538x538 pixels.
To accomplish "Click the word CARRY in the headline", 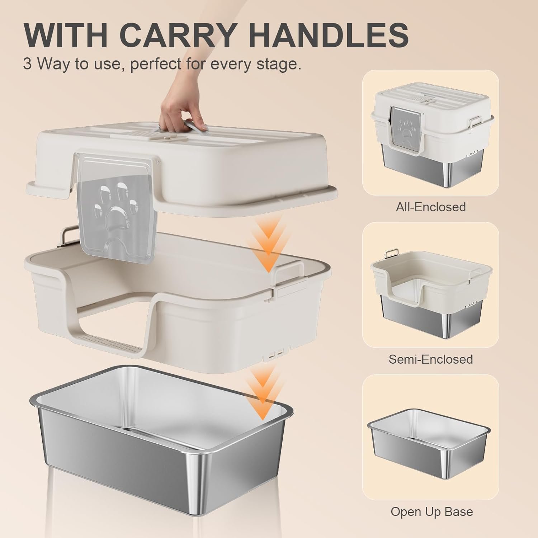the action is [x=180, y=34].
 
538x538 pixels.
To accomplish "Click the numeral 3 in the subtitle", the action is [x=27, y=64].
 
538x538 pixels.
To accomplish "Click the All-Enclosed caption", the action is [x=430, y=207].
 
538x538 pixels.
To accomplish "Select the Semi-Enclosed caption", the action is [x=430, y=359].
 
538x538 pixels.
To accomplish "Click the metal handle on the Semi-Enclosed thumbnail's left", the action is [x=391, y=254].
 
